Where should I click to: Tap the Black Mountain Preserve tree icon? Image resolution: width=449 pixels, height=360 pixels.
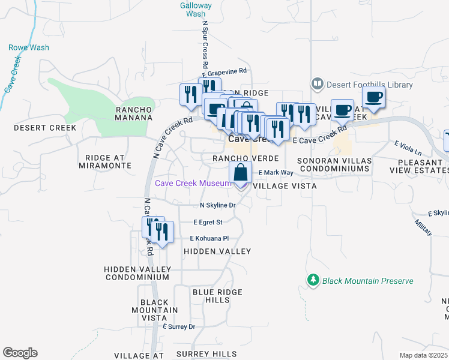tap(312, 280)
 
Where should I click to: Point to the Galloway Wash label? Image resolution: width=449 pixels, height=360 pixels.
tap(196, 9)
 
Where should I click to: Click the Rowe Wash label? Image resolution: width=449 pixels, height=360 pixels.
tap(23, 47)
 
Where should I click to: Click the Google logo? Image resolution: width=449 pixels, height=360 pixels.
tap(20, 353)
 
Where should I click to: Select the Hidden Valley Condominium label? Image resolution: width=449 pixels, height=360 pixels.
tap(137, 273)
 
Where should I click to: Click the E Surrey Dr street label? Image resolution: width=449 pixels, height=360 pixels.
tap(179, 326)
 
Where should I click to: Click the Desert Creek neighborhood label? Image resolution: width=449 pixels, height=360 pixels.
tap(45, 128)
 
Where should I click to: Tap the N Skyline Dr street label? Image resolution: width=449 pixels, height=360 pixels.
tap(217, 205)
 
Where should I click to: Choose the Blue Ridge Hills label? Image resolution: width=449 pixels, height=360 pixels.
tap(217, 296)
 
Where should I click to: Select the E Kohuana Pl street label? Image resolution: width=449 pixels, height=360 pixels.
tap(209, 238)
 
